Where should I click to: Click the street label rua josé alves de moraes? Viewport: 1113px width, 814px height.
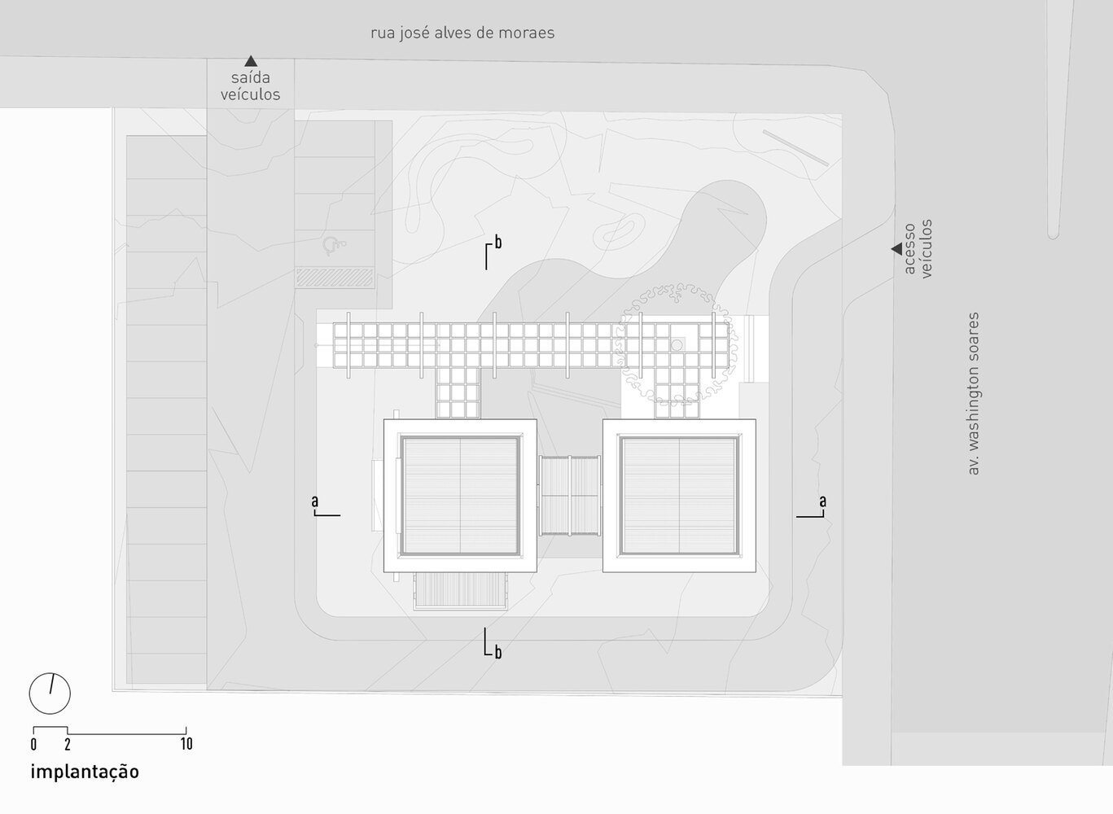[462, 33]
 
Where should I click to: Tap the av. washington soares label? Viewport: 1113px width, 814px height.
[974, 393]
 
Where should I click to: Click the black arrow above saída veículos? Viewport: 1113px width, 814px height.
[251, 61]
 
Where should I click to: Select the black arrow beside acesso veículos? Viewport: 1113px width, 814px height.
[897, 249]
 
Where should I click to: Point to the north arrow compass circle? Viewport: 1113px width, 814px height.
[50, 694]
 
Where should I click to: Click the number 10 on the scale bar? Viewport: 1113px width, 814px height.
[186, 743]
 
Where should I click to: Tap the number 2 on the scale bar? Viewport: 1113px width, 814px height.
[68, 744]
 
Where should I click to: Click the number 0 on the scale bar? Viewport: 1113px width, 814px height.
[33, 744]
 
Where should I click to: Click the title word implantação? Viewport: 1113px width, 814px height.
[85, 772]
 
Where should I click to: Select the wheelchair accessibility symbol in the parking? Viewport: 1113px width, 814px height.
[333, 245]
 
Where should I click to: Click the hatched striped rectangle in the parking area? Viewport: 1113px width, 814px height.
[334, 278]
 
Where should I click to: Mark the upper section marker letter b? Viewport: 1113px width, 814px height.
[497, 243]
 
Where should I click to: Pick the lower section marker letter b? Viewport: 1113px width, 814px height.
[497, 652]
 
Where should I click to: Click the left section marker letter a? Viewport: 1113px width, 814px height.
[315, 501]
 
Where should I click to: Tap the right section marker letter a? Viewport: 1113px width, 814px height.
[823, 501]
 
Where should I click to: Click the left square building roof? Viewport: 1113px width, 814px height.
[460, 496]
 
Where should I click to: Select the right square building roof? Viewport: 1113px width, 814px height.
[679, 496]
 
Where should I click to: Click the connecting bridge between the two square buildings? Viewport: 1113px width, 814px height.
[570, 496]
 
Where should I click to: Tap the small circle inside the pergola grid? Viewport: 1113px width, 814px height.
[677, 345]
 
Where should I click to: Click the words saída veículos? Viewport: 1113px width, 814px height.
[251, 86]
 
